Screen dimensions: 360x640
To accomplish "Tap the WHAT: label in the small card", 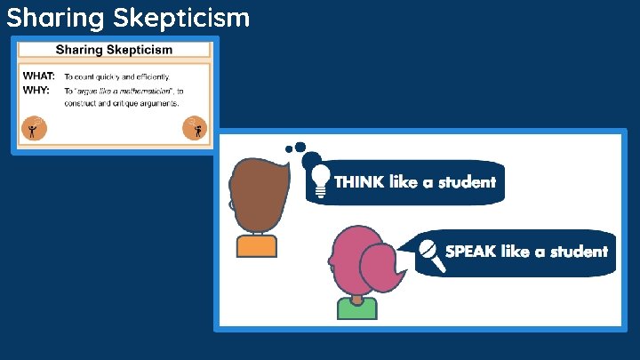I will point(39,76).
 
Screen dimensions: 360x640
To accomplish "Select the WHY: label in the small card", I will point(36,91).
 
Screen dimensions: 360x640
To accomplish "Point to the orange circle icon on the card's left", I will point(34,129).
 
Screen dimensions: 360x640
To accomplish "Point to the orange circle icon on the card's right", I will point(194,129).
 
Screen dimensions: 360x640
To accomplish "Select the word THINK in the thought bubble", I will point(360,182).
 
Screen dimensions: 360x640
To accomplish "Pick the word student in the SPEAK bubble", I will point(579,252).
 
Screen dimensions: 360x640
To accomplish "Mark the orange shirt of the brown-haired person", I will point(257,246).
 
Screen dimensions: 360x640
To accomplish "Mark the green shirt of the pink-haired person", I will point(356,308).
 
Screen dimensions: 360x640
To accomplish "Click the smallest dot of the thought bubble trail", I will point(288,149).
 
